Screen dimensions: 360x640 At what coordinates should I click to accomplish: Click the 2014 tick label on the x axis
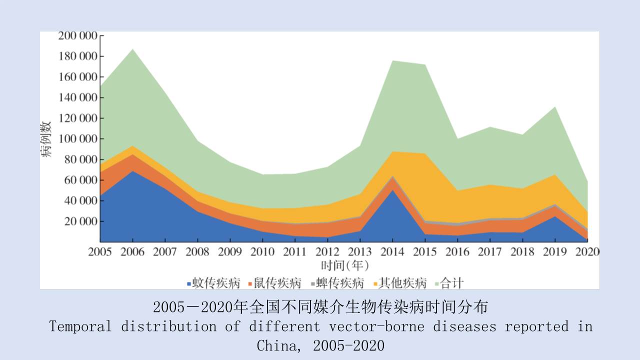(x=393, y=251)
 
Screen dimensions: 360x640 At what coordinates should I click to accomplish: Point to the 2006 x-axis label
(x=132, y=251)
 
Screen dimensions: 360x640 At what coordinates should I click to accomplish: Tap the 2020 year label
(x=587, y=251)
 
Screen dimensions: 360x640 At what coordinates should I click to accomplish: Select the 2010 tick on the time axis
(x=263, y=251)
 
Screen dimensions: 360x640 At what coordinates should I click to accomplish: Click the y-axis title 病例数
(x=46, y=139)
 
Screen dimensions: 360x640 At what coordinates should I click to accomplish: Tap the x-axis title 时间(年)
(x=344, y=265)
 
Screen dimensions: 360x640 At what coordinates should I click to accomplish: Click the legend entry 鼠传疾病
(x=277, y=283)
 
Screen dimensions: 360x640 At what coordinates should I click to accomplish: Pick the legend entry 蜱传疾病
(x=339, y=283)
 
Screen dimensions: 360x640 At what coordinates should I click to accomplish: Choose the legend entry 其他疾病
(x=402, y=283)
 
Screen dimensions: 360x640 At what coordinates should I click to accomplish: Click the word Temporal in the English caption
(x=80, y=326)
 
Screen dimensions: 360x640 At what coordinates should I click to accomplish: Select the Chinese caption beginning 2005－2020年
(x=320, y=306)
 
